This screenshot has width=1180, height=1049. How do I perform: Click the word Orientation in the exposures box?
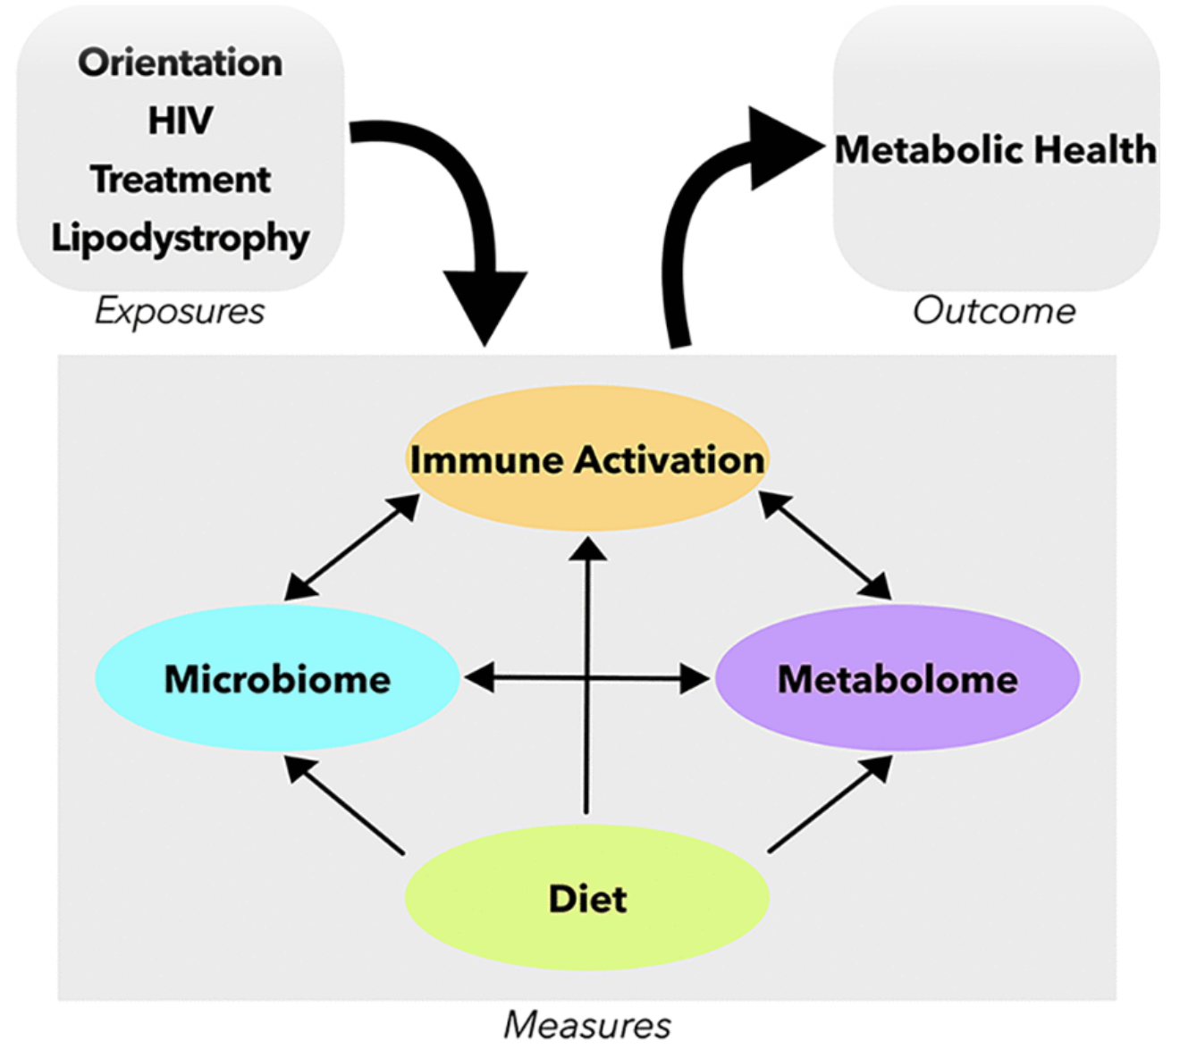180,63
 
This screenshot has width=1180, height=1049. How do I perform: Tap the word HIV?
181,121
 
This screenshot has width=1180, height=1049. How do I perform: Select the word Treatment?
181,180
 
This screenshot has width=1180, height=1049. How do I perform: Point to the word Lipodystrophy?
181,239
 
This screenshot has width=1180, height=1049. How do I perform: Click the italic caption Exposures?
180,311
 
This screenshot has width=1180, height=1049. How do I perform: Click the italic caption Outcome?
994,311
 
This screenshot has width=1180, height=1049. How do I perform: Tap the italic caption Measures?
587,1025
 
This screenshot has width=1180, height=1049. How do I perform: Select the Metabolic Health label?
995,150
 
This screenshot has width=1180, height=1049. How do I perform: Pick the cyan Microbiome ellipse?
277,715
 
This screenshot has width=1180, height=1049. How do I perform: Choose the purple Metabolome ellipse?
898,715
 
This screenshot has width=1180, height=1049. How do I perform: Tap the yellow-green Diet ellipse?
587,934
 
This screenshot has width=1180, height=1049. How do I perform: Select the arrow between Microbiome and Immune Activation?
351,547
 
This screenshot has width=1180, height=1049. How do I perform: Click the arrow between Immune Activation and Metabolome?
824,545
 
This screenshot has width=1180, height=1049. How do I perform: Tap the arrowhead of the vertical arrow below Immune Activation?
587,548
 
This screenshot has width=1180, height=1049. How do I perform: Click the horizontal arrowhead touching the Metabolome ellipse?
695,679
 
